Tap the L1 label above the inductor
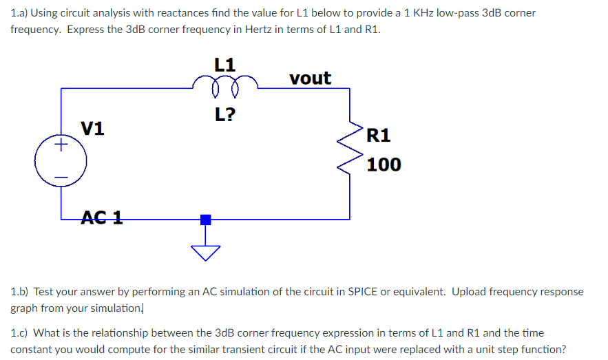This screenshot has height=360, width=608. (x=225, y=65)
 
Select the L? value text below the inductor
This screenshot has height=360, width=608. (x=225, y=114)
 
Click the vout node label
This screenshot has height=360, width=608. (x=310, y=78)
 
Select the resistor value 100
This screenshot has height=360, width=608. (x=384, y=165)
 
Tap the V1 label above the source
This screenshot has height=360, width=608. (x=93, y=128)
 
